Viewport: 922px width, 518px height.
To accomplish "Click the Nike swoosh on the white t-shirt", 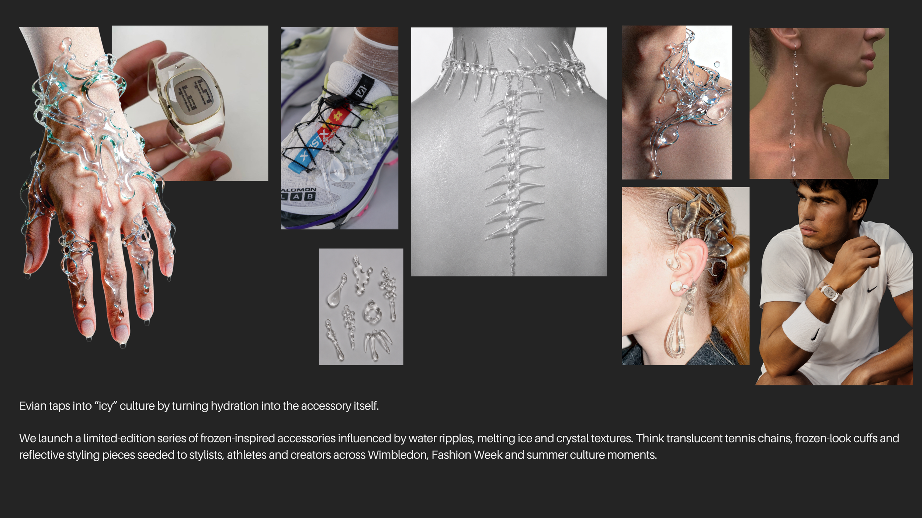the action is pos(872,289).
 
